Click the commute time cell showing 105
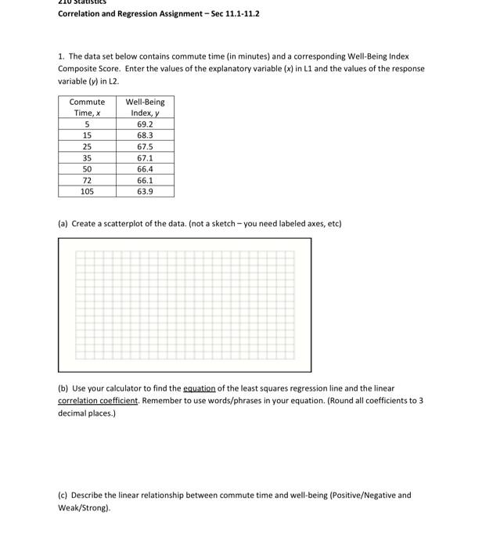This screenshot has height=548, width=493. pyautogui.click(x=87, y=191)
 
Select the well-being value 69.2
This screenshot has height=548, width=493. pyautogui.click(x=145, y=124)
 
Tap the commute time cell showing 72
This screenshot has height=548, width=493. pyautogui.click(x=87, y=180)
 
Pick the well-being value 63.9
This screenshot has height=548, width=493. pyautogui.click(x=145, y=191)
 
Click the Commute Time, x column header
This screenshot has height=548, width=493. pyautogui.click(x=87, y=107)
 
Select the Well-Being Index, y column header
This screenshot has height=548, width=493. pyautogui.click(x=145, y=107)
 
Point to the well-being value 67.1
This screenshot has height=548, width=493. pyautogui.click(x=145, y=158)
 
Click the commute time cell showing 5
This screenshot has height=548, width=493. pyautogui.click(x=87, y=124)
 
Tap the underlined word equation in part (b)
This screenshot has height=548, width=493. pyautogui.click(x=199, y=388)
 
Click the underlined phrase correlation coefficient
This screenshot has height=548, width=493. pyautogui.click(x=98, y=401)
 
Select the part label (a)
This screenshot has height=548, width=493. pyautogui.click(x=63, y=224)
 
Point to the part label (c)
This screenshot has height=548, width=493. pyautogui.click(x=63, y=496)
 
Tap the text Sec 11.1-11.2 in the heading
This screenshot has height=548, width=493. pyautogui.click(x=236, y=14)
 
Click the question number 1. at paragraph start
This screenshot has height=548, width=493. pyautogui.click(x=61, y=57)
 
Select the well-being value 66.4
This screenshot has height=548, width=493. pyautogui.click(x=145, y=169)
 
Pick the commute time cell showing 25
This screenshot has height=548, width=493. pyautogui.click(x=87, y=146)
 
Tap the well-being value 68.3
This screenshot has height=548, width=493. pyautogui.click(x=145, y=135)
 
